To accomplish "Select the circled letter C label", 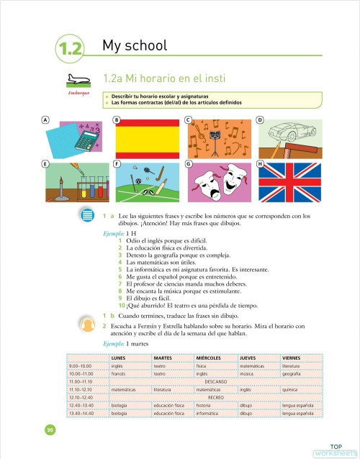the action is coord(188,119).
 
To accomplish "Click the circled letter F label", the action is coord(116,164).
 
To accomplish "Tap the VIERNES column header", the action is coord(292,358).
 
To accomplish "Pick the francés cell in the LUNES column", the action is coord(119,374).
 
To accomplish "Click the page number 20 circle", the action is coord(50,430).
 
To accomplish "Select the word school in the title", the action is coord(147,47).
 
